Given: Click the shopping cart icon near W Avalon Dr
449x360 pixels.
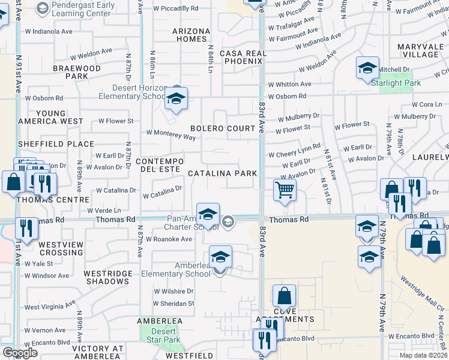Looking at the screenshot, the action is pyautogui.click(x=285, y=190).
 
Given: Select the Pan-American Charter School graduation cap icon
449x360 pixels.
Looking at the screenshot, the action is pyautogui.click(x=208, y=214).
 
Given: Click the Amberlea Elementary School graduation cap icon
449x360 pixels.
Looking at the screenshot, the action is pyautogui.click(x=220, y=257).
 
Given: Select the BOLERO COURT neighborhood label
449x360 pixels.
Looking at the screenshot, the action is pyautogui.click(x=223, y=128).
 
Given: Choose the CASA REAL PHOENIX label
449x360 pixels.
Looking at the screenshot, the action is pyautogui.click(x=243, y=58).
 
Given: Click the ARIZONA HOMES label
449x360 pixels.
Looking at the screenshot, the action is pyautogui.click(x=191, y=35).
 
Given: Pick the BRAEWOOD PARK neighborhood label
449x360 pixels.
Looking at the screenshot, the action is pyautogui.click(x=76, y=72).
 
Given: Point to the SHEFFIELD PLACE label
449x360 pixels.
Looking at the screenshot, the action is pyautogui.click(x=56, y=144).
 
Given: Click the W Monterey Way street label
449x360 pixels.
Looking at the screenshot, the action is pyautogui.click(x=171, y=135).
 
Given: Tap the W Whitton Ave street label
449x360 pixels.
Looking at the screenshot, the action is pyautogui.click(x=289, y=85).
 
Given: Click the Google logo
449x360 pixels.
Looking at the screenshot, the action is pyautogui.click(x=19, y=352).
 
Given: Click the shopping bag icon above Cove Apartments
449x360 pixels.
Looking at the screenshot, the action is pyautogui.click(x=284, y=296).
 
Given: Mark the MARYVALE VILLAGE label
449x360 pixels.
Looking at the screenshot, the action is pyautogui.click(x=421, y=50).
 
